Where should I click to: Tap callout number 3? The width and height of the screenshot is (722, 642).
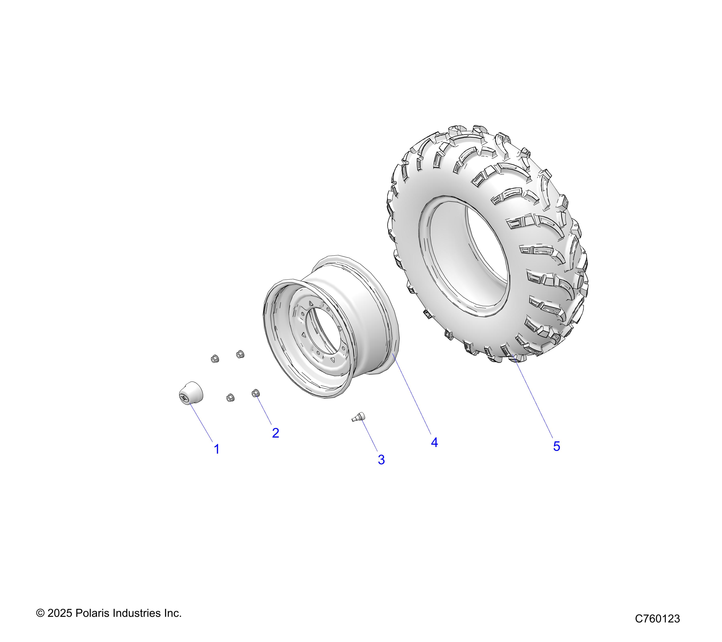click(x=381, y=460)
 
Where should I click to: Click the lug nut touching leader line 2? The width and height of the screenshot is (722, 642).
click(x=255, y=393)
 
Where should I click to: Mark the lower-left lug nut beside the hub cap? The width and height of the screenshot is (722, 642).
click(x=230, y=397)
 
